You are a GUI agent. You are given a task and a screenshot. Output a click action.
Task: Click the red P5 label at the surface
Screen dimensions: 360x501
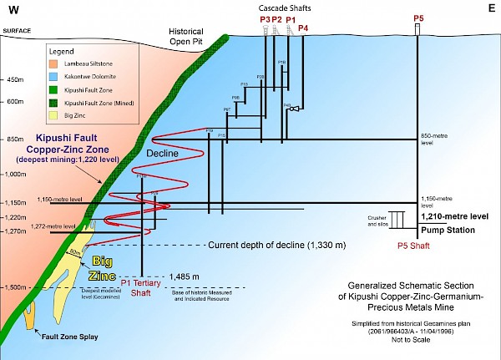click(x=418, y=17)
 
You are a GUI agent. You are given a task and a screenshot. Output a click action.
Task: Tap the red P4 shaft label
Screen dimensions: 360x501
click(x=303, y=29)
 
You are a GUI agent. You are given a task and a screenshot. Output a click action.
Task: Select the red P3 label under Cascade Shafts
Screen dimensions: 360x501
click(x=265, y=18)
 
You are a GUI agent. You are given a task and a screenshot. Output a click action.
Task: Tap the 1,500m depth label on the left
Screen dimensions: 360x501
click(x=17, y=287)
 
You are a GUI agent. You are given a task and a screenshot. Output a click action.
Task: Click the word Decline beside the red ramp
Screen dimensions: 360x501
click(x=164, y=155)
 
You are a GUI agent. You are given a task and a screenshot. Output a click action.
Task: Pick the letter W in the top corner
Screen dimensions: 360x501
click(x=10, y=10)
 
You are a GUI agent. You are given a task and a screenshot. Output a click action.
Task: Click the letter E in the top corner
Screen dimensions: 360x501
click(x=491, y=8)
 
